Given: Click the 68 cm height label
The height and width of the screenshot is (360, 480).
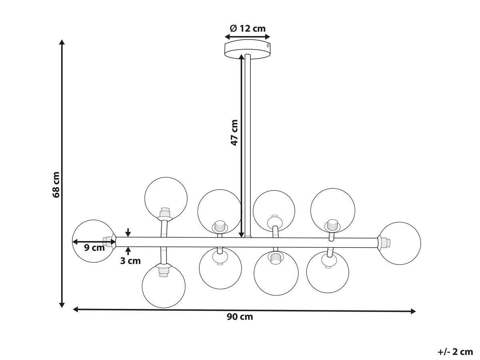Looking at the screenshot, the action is (x=56, y=185).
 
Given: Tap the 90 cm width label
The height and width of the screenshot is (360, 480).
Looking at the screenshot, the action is (x=240, y=317).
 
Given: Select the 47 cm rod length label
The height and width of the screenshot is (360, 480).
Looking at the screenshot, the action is (x=234, y=132).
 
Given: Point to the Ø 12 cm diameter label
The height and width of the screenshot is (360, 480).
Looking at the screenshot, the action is (x=248, y=28).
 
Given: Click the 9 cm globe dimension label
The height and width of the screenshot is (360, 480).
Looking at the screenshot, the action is (x=94, y=248).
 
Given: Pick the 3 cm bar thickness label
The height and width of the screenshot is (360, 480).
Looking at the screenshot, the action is (x=130, y=261).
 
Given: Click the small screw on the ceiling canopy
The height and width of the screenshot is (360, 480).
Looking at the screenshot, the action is (x=268, y=45).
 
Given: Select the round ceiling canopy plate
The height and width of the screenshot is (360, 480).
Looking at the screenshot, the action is (x=248, y=49).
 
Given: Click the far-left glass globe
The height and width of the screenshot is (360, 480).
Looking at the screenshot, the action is (x=94, y=241).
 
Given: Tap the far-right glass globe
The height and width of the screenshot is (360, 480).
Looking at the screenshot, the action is (x=400, y=243).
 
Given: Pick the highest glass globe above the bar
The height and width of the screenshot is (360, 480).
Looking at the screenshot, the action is (x=166, y=198).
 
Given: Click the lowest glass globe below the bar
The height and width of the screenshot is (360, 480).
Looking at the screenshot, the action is (x=164, y=286).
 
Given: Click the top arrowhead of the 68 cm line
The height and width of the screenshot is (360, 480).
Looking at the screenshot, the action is (x=62, y=42).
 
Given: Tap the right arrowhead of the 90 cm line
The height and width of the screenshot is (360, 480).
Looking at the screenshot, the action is (x=413, y=311).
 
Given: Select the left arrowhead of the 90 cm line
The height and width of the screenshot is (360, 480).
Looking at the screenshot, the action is (x=76, y=309).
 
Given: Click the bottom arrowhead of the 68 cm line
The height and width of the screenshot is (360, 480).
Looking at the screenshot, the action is (x=62, y=305).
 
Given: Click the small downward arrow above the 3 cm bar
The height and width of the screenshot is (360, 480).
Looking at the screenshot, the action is (x=128, y=232).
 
